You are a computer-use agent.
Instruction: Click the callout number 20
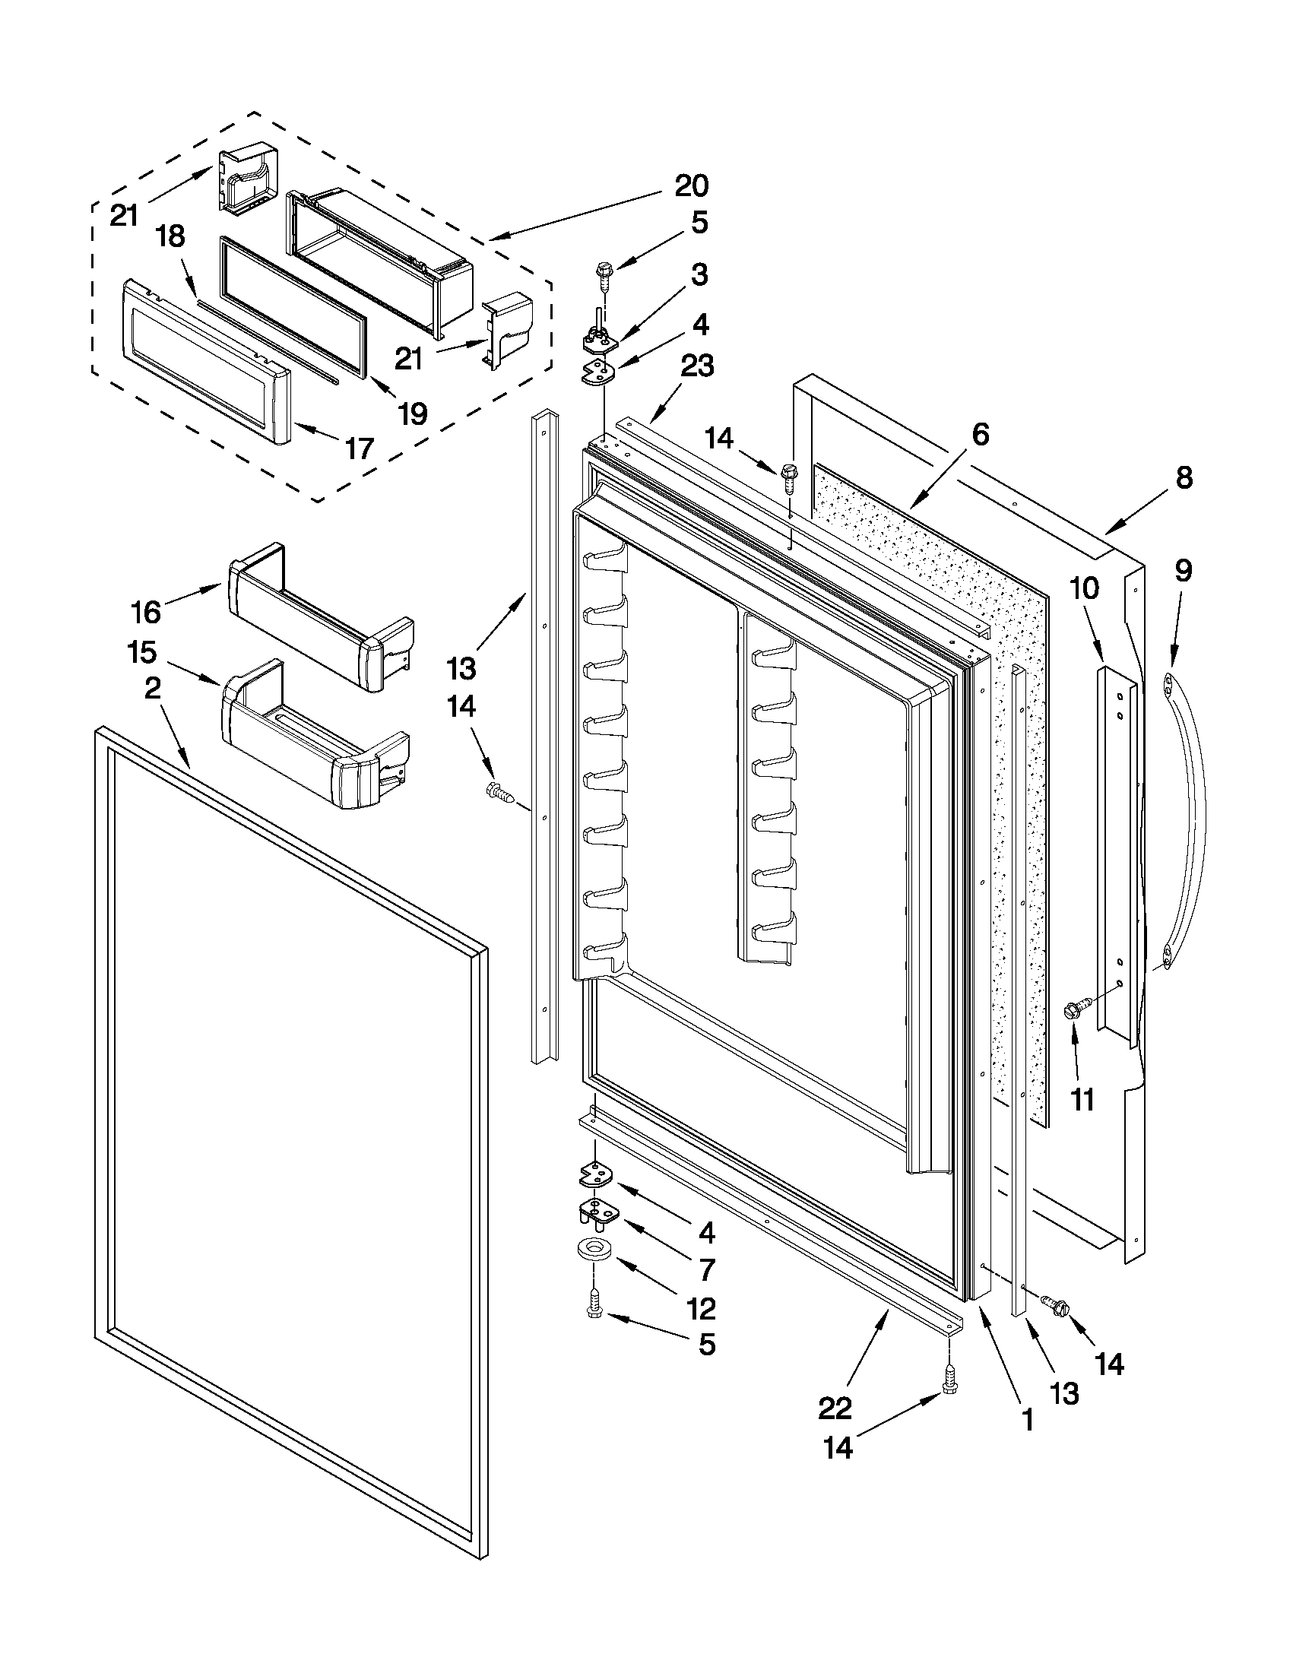click(691, 185)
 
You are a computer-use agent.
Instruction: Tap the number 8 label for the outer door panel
click(1184, 478)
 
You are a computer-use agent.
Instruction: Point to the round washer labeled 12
click(591, 1250)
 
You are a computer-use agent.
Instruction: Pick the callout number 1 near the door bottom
click(1026, 1421)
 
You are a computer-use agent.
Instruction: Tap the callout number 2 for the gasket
click(153, 689)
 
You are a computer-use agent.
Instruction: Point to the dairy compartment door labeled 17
click(207, 360)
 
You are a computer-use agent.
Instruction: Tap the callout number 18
click(170, 236)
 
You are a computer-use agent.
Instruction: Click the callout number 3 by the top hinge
click(699, 274)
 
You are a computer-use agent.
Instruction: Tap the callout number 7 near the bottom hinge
click(706, 1269)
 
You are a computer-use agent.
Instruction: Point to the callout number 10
click(1083, 588)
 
